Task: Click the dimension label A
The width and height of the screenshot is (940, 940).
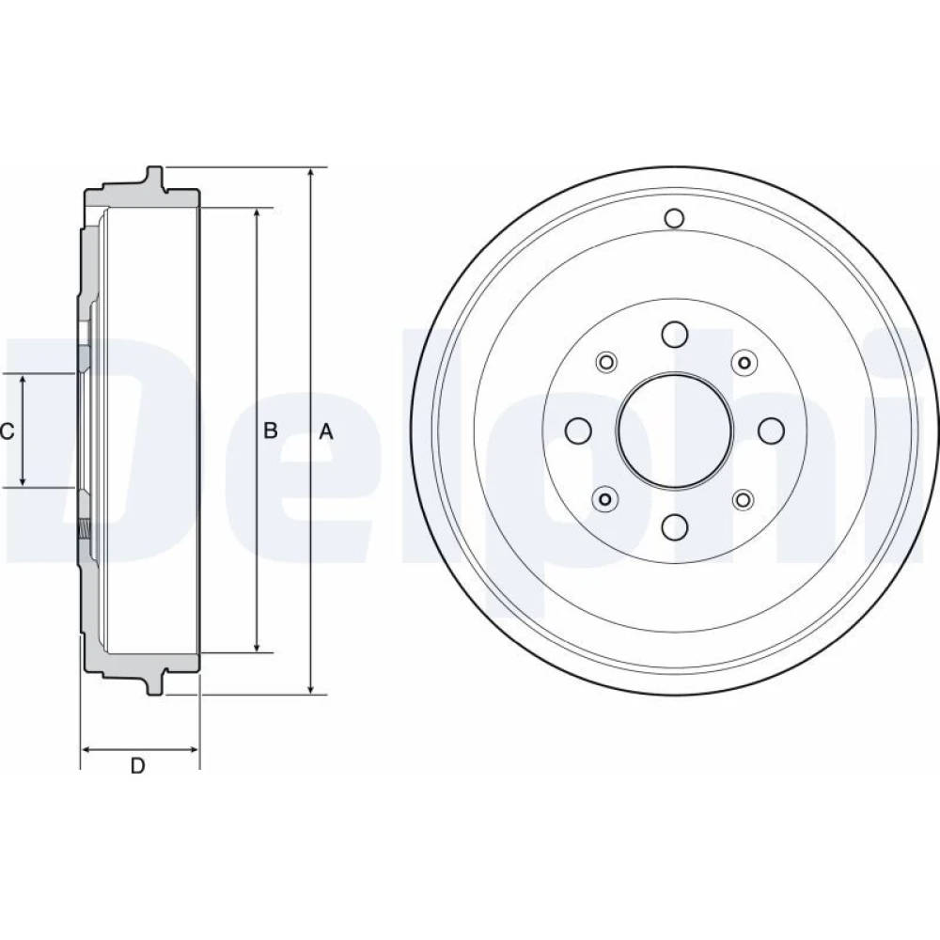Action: click(x=325, y=431)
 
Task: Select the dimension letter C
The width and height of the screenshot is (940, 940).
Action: click(x=7, y=431)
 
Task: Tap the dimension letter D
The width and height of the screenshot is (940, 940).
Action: click(x=138, y=765)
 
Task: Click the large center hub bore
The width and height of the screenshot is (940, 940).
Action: click(x=675, y=430)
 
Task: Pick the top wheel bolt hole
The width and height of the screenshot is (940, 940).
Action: click(x=674, y=334)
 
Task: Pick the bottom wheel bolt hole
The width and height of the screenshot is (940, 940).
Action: click(x=674, y=525)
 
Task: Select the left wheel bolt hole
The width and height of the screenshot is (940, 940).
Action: click(x=578, y=430)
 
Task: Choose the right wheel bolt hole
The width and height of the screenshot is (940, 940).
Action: click(x=771, y=430)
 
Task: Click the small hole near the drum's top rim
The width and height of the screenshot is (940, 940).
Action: click(x=674, y=218)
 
